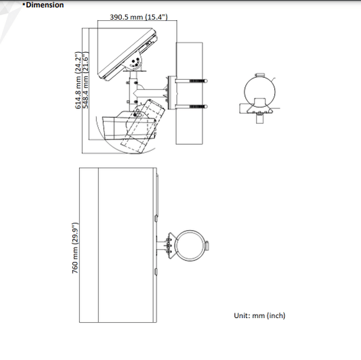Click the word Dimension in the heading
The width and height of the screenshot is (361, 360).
(45, 5)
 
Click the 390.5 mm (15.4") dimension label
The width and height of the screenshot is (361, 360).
(139, 17)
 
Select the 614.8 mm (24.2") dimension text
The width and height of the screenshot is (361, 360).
(79, 80)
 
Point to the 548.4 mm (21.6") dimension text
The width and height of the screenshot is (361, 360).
(85, 80)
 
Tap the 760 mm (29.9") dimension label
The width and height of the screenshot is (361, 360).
(75, 248)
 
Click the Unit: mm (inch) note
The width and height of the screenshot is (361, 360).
(259, 315)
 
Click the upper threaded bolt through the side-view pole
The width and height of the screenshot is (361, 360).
(191, 81)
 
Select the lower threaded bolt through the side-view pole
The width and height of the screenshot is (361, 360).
(191, 107)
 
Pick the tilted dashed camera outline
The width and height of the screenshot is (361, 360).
(143, 126)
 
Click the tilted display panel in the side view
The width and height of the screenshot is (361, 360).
(128, 55)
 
